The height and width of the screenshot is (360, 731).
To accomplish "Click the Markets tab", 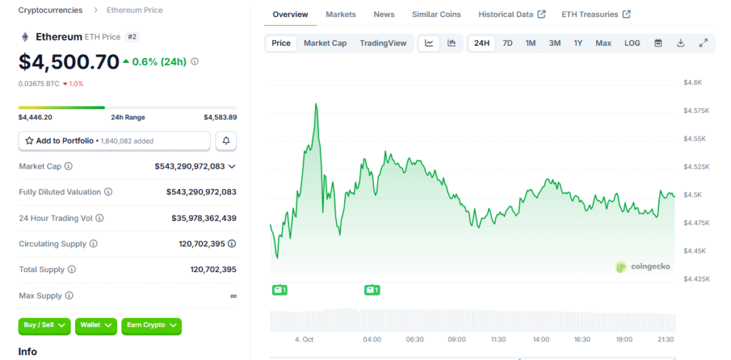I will click(341, 14).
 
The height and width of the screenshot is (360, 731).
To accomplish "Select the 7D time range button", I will click(507, 43).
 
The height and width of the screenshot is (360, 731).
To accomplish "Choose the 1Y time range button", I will click(578, 43).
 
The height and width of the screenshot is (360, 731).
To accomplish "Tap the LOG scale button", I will click(632, 43).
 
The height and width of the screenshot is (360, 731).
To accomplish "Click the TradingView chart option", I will click(383, 43).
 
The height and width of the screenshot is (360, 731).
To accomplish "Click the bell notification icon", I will click(226, 141).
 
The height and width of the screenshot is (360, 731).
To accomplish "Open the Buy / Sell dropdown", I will click(44, 325).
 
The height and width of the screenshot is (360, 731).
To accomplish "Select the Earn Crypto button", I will click(151, 325).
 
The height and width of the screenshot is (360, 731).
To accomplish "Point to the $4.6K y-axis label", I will click(692, 83).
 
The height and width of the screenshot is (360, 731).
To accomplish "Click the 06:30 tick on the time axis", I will click(415, 339).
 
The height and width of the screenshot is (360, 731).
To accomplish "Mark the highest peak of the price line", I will click(316, 104).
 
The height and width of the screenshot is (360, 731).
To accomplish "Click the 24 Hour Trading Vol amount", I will click(203, 218).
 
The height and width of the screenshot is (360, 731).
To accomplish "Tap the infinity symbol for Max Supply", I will click(233, 296).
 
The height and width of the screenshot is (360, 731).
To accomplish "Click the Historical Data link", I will click(511, 14).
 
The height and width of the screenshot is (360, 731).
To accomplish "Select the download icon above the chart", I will click(680, 43).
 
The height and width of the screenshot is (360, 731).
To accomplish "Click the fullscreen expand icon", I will click(703, 43).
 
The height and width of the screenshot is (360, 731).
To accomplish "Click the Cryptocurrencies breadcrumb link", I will click(50, 10).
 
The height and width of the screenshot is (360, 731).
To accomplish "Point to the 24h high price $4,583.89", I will click(220, 117).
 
